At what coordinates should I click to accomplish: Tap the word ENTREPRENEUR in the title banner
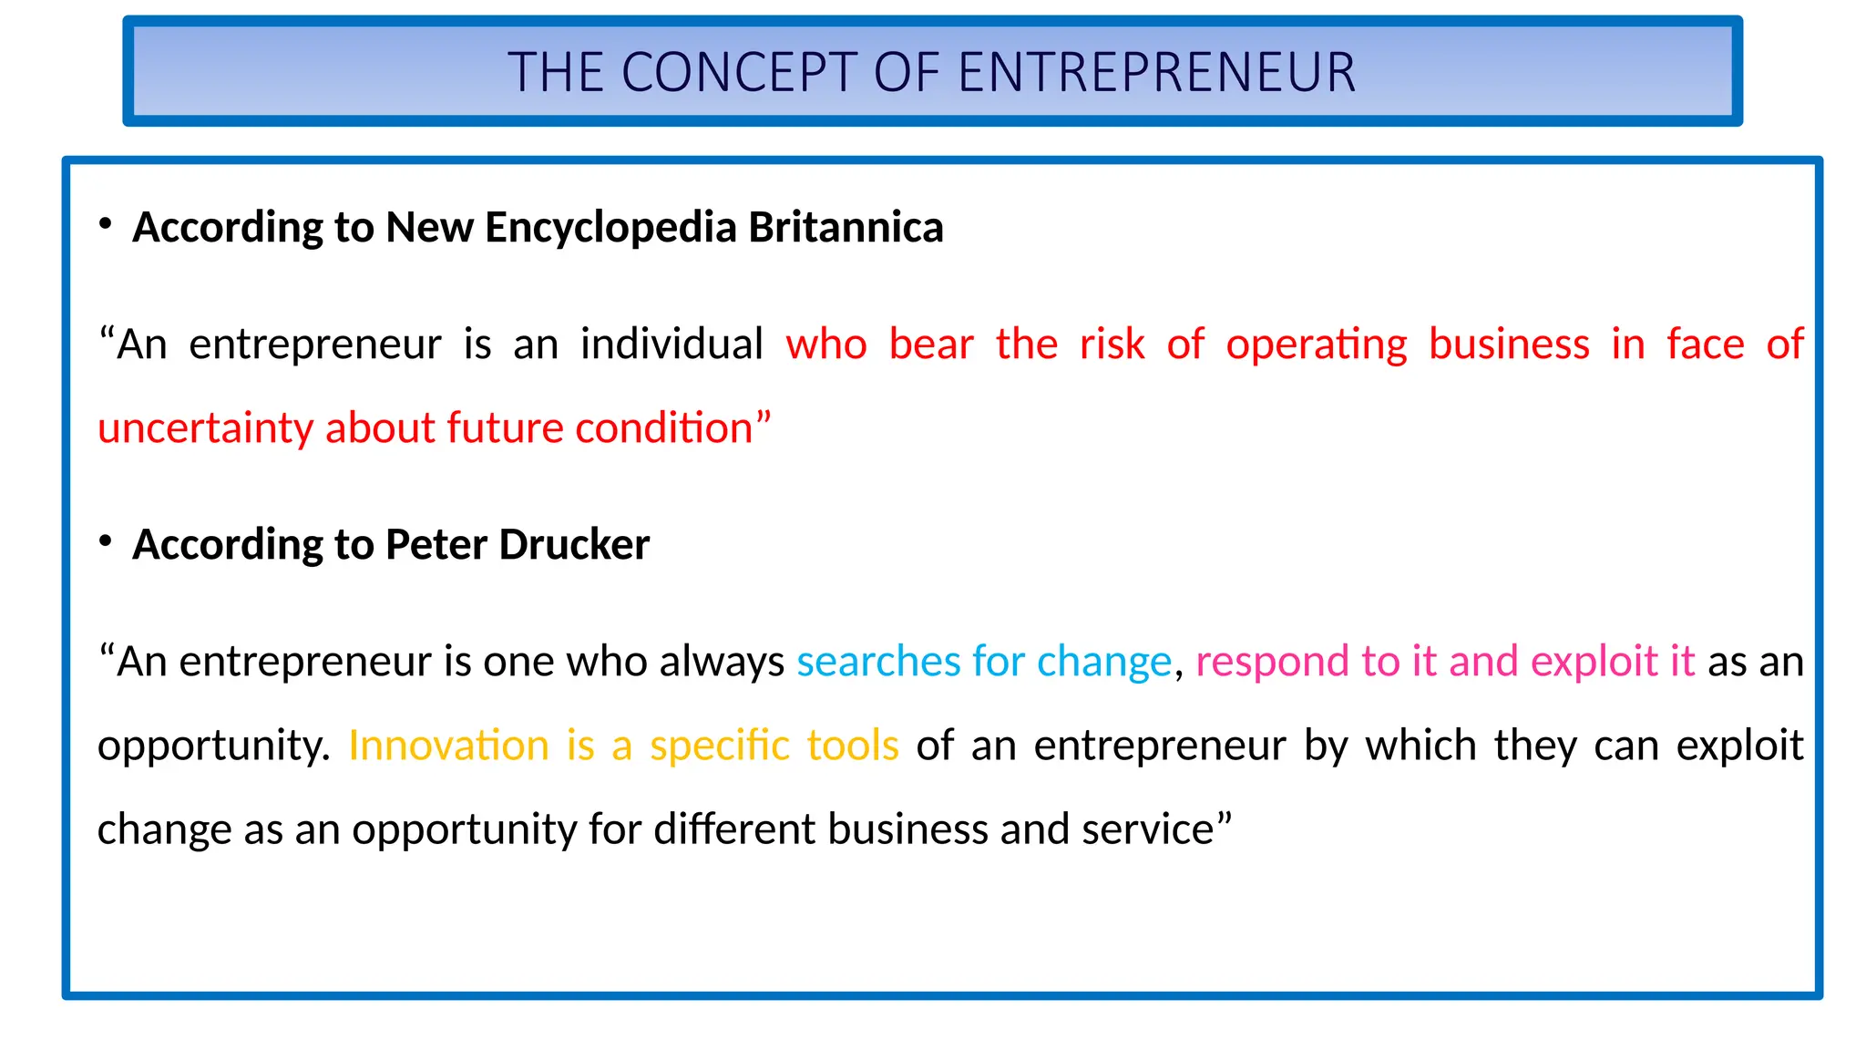(1156, 73)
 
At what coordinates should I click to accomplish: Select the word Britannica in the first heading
(846, 227)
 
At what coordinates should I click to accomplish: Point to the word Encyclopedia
(610, 227)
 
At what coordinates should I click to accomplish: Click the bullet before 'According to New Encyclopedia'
(106, 223)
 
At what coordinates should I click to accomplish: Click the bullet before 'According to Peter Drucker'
(106, 540)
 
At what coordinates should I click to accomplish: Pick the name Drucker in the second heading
(574, 544)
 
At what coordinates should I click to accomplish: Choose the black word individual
(672, 344)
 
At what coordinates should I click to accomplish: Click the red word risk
(1112, 344)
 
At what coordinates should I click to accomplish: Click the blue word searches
(878, 661)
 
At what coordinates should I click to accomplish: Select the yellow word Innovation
(448, 745)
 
